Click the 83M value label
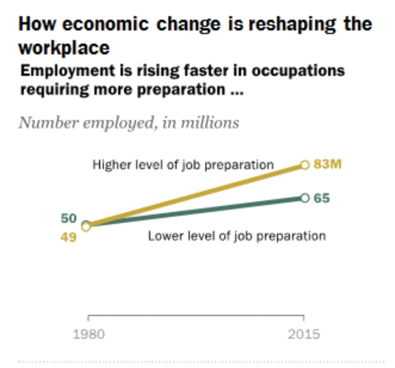pyautogui.click(x=328, y=164)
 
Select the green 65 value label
pyautogui.click(x=322, y=198)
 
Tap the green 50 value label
pyautogui.click(x=69, y=218)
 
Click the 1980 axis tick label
pyautogui.click(x=88, y=334)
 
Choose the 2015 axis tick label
pyautogui.click(x=304, y=334)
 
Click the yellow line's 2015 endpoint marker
pyautogui.click(x=304, y=165)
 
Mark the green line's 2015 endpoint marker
pyautogui.click(x=304, y=198)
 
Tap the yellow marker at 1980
pyautogui.click(x=86, y=226)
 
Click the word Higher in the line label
pyautogui.click(x=110, y=164)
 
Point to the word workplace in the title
pyautogui.click(x=65, y=47)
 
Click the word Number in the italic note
pyautogui.click(x=44, y=122)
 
